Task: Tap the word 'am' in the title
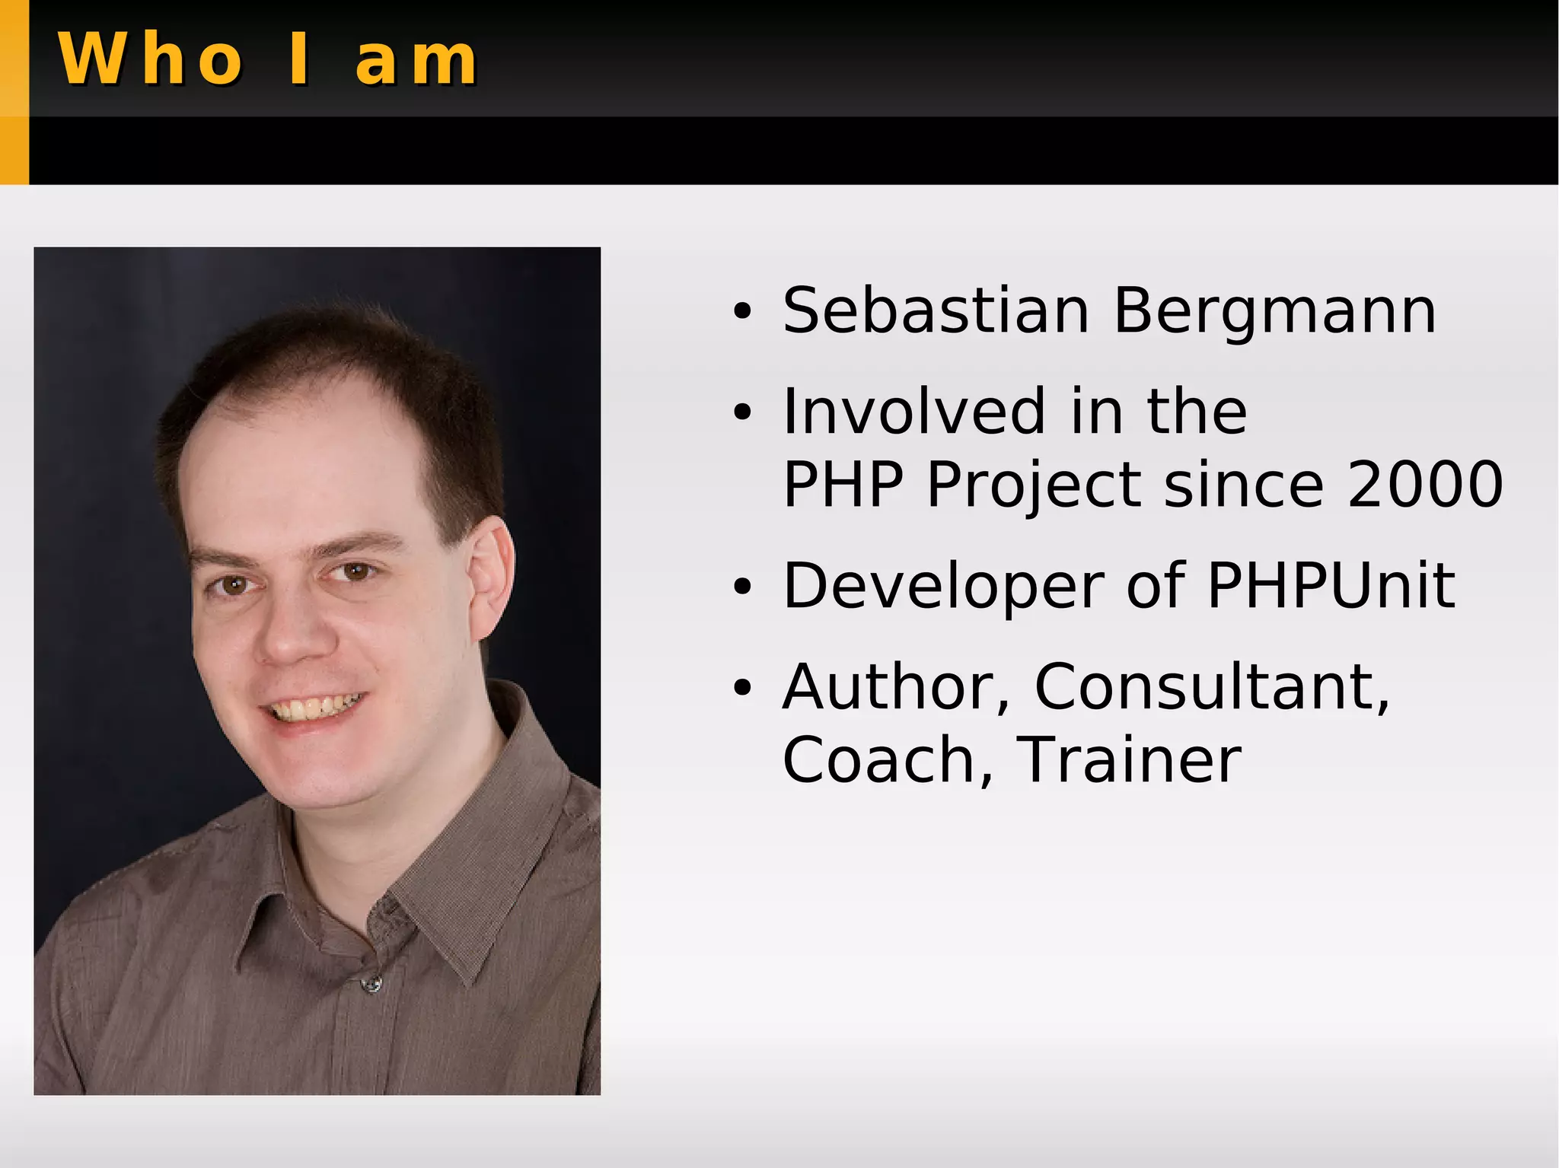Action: pyautogui.click(x=416, y=61)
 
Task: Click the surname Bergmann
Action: pyautogui.click(x=1275, y=312)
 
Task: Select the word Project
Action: pyautogui.click(x=1034, y=485)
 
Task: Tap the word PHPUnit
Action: pyautogui.click(x=1331, y=585)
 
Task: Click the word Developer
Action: pyautogui.click(x=943, y=587)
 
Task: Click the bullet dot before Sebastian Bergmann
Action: pyautogui.click(x=742, y=312)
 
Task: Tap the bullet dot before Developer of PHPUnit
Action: pyautogui.click(x=742, y=587)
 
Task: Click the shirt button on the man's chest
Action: pyautogui.click(x=371, y=985)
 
